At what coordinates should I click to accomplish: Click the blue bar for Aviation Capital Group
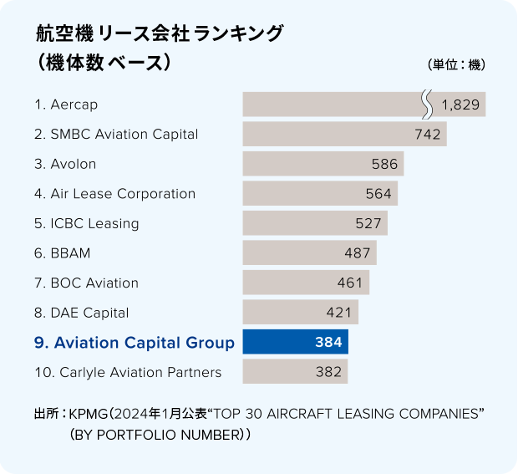(x=295, y=342)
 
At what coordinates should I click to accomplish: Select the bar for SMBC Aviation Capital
(x=345, y=134)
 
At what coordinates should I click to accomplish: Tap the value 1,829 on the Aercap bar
(x=460, y=104)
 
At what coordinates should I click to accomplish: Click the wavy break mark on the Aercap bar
(x=427, y=104)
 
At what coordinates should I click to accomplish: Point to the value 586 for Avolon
(x=384, y=164)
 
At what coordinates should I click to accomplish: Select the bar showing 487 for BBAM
(x=309, y=252)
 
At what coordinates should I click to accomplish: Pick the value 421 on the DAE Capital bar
(x=339, y=313)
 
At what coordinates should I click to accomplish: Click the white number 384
(x=328, y=342)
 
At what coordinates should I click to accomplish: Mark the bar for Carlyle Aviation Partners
(x=295, y=371)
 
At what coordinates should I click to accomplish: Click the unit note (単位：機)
(x=456, y=64)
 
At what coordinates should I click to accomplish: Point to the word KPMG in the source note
(x=89, y=414)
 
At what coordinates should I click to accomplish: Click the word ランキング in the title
(x=238, y=33)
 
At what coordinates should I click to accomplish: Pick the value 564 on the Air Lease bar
(x=378, y=194)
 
